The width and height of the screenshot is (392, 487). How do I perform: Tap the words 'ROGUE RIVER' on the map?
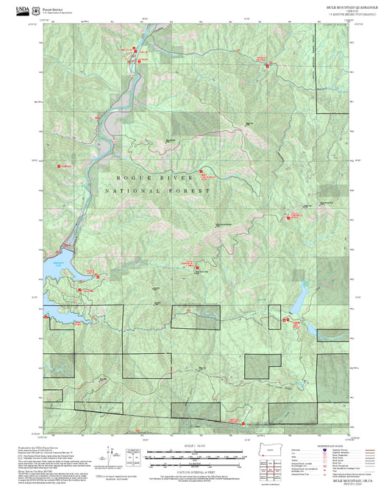[154, 178]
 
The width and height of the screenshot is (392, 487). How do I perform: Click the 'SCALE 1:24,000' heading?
[195, 446]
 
